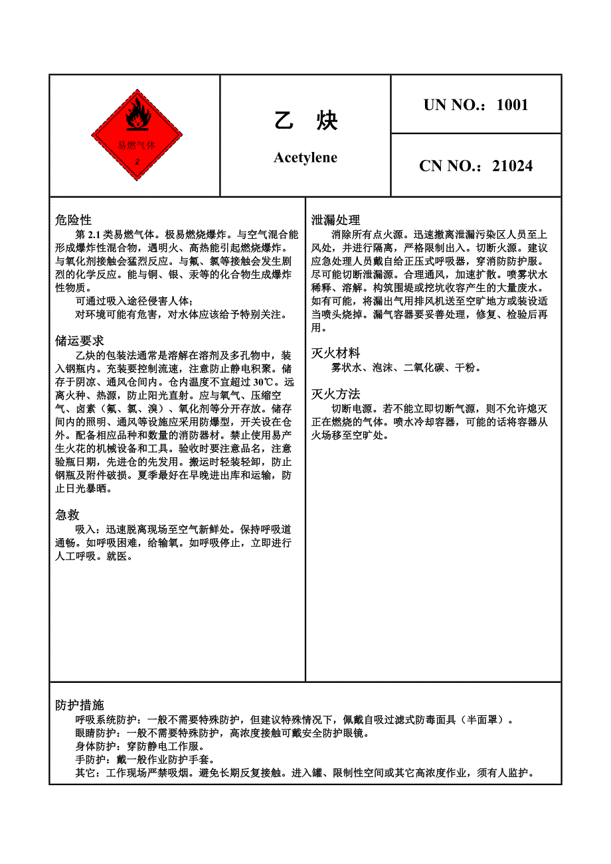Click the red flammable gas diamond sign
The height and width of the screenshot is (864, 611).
coord(137,135)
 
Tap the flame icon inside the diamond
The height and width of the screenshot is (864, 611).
coord(137,116)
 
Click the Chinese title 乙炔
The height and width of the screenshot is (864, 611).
coord(306,121)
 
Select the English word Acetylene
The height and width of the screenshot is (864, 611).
coord(305,158)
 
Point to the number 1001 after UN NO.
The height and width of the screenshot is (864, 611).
coord(512,105)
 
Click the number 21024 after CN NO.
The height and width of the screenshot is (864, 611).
coord(512,166)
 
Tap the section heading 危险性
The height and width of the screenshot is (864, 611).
coord(73,220)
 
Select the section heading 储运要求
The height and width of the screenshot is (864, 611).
coord(79,341)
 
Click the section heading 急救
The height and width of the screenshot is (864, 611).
coord(67,515)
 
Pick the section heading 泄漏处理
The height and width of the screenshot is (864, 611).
coord(335,220)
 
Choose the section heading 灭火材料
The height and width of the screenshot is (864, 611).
coord(335,353)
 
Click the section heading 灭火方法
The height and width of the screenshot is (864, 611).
coord(335,394)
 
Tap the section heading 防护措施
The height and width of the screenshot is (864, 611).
coord(79,705)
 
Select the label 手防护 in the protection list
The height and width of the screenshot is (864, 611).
coord(90,760)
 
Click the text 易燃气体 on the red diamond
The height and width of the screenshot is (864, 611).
coord(136,145)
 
